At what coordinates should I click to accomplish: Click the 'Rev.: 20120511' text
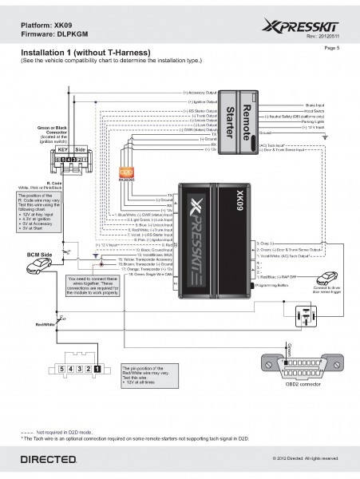point(324,37)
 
